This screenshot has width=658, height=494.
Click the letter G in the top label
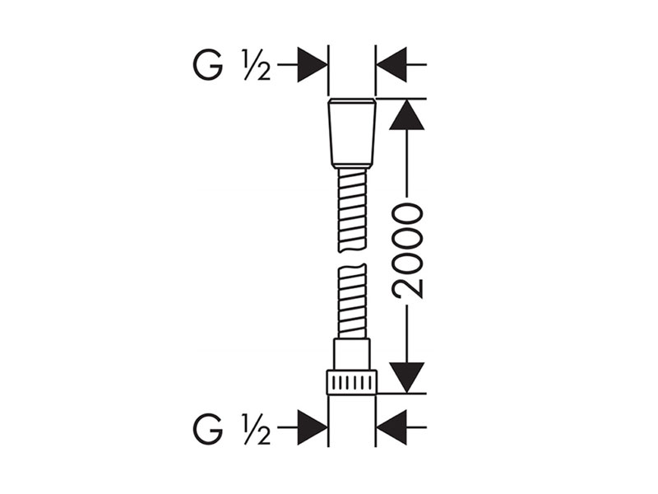(208, 65)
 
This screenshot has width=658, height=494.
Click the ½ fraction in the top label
(256, 65)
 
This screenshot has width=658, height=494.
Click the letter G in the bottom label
(208, 428)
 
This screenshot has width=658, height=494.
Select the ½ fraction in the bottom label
(256, 428)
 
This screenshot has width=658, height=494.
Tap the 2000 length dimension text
(406, 251)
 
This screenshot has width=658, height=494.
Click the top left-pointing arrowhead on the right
(392, 65)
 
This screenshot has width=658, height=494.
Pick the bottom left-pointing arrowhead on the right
(392, 427)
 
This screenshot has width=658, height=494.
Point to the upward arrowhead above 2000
(406, 114)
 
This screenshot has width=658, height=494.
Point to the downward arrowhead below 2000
(406, 378)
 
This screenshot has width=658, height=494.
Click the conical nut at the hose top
(352, 133)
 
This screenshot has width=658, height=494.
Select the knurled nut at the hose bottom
(352, 383)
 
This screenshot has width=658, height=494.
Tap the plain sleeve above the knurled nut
(352, 354)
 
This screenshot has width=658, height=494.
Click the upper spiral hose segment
(352, 211)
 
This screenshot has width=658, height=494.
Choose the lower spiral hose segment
(352, 301)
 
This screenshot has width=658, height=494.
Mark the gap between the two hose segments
(352, 259)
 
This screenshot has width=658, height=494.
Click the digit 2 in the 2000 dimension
(406, 287)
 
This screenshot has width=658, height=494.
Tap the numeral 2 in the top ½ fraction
(262, 72)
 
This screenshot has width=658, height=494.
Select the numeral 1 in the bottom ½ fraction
(247, 421)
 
